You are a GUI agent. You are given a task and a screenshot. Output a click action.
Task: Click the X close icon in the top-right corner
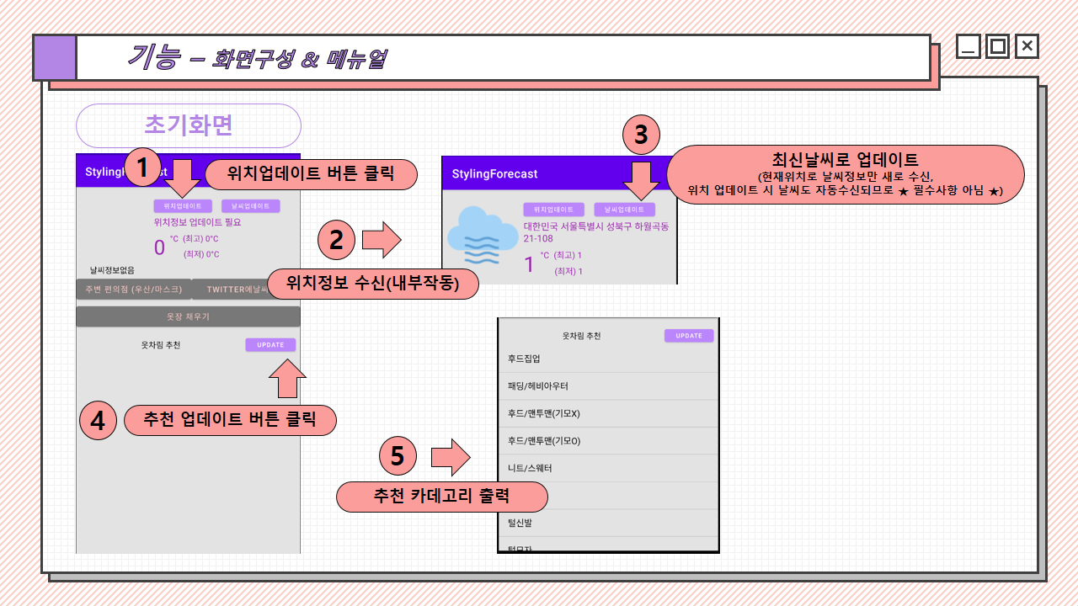1027,46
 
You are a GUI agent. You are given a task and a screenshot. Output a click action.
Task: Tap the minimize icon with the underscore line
969,46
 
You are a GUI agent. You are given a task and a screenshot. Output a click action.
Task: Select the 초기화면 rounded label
189,125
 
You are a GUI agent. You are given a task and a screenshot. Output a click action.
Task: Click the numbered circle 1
142,167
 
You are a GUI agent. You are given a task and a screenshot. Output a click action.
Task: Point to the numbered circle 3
641,134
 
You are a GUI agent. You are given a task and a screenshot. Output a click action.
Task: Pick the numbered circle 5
398,455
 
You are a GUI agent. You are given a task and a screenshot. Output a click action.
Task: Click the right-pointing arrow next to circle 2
382,240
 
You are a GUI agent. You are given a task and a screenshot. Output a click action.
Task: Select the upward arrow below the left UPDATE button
287,378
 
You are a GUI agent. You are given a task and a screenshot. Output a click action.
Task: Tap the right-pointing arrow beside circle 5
451,457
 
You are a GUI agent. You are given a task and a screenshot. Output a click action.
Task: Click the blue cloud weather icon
483,239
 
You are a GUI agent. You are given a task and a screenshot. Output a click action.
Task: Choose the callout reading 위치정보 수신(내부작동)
373,284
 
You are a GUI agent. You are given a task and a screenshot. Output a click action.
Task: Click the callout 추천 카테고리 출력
442,496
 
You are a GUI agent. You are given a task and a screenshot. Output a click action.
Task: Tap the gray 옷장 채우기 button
188,316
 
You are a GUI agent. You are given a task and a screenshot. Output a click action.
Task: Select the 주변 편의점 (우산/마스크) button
133,290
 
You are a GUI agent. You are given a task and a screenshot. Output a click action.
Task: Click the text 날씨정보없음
112,270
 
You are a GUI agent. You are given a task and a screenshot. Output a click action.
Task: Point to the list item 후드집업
524,359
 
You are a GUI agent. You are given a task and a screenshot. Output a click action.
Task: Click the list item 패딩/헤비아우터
537,386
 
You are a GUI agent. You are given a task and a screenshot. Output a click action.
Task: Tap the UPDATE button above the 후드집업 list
689,336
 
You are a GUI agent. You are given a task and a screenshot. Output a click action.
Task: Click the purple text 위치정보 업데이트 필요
197,222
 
